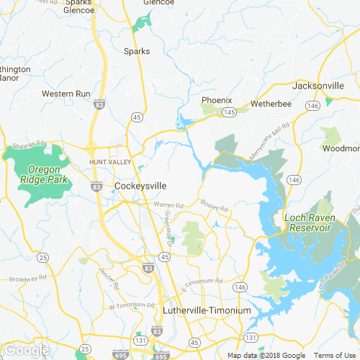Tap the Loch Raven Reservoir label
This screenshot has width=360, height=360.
pos(307,222)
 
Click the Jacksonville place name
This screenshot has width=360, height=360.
pos(318,86)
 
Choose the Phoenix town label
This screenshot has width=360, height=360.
pos(216,100)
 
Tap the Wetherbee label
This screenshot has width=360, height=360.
pos(271,104)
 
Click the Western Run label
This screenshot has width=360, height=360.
pos(66,94)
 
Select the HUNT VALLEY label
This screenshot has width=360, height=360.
pos(110,163)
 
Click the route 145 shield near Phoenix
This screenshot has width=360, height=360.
pos(230,112)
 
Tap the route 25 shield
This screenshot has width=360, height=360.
pos(44,257)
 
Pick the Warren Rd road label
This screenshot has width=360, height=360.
pos(168,205)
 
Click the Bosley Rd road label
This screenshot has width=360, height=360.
pos(215,206)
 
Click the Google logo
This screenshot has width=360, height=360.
pos(26,350)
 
